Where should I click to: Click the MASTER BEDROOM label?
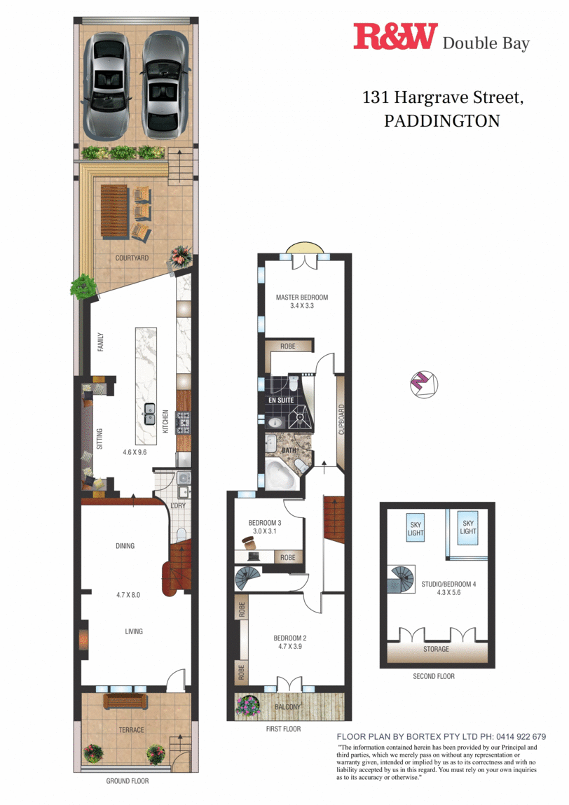(301, 297)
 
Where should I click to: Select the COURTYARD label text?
(132, 258)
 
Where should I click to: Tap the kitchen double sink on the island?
(150, 413)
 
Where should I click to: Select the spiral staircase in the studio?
(402, 580)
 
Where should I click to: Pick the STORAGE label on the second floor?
(436, 650)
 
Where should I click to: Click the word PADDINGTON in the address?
(442, 120)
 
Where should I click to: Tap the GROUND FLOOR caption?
(127, 781)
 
